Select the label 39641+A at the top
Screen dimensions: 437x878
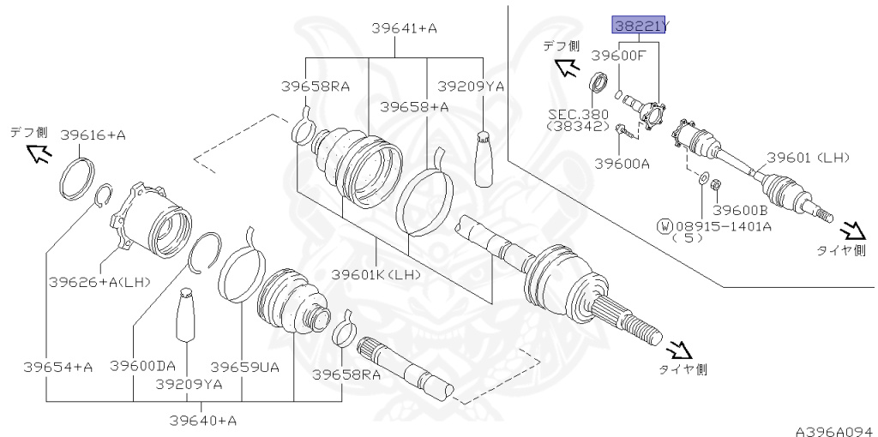(404, 28)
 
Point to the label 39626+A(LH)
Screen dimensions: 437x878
(97, 281)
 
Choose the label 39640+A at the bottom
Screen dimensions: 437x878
(202, 420)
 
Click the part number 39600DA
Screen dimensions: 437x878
(142, 365)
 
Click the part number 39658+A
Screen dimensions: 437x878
(415, 107)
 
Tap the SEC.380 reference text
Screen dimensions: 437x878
(579, 114)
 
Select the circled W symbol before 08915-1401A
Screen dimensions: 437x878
(664, 226)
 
